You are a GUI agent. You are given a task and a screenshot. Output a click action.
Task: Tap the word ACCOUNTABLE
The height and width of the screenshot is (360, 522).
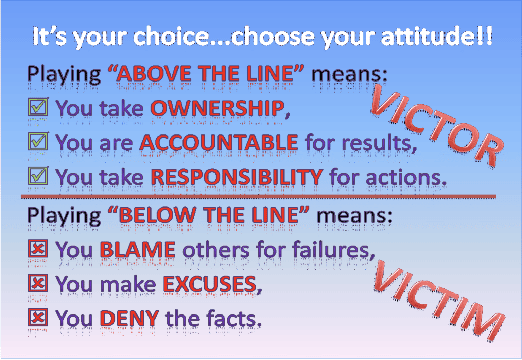[219, 143]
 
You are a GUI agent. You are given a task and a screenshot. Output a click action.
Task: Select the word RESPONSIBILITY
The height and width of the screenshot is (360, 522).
[237, 177]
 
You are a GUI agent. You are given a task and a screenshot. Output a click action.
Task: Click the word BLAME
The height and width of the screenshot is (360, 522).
[138, 250]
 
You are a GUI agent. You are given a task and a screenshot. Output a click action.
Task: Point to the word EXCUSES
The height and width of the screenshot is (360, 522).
[210, 284]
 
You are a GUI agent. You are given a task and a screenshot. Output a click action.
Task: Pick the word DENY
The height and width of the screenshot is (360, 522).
[129, 319]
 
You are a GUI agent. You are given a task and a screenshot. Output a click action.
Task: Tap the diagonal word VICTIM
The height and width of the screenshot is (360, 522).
[438, 301]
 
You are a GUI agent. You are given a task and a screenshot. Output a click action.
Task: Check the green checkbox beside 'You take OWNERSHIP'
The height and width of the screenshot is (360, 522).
[38, 107]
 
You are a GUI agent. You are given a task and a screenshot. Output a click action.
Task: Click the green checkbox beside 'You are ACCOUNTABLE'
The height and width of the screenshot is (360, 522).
[38, 141]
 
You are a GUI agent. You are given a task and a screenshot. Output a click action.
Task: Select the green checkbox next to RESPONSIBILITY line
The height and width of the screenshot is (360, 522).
[38, 176]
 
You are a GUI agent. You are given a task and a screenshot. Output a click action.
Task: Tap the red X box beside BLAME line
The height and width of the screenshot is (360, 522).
[38, 249]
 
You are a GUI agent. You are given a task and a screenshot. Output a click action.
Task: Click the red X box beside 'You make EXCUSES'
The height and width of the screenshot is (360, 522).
[38, 283]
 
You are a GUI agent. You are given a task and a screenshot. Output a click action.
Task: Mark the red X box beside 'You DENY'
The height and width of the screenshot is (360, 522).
[38, 318]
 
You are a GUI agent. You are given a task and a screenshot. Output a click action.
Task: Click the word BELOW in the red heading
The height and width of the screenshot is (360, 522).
[157, 215]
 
